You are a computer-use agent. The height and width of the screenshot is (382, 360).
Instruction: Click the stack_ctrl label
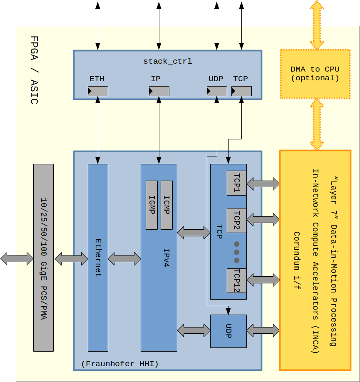pos(168,61)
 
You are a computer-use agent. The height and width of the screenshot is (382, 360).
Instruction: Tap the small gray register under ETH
pos(98,91)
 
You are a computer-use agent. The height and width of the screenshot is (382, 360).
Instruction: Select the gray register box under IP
pos(159,91)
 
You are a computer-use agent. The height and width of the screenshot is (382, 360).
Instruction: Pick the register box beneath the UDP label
pos(217,91)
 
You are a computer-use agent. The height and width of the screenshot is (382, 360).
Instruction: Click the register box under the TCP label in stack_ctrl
pos(241,91)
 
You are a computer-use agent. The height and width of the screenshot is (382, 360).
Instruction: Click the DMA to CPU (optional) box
pos(315,74)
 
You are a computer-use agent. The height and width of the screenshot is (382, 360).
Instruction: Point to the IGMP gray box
pos(151,205)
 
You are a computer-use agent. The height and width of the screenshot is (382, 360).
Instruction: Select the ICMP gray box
pos(166,205)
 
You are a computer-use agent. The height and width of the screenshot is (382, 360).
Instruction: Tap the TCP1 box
pos(236,183)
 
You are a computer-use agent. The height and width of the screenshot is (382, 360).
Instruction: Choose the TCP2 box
pos(236,221)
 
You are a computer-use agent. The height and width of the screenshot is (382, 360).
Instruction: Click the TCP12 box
pos(236,280)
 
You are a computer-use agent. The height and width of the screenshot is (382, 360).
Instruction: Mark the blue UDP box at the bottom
pos(228,331)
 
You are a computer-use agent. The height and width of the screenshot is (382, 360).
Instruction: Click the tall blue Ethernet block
pos(98,258)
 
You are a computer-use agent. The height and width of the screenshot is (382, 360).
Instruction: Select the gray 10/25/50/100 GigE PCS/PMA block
pos(43,258)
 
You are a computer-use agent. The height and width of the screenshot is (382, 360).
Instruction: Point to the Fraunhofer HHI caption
pos(120,364)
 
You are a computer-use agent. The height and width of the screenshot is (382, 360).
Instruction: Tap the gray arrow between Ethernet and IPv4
pos(124,259)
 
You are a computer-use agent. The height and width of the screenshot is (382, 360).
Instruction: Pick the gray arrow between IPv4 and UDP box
pos(194,331)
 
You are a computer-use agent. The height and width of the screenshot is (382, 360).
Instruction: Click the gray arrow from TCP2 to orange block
pos(263,220)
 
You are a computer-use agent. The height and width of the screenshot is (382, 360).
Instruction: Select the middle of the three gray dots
pos(237,252)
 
